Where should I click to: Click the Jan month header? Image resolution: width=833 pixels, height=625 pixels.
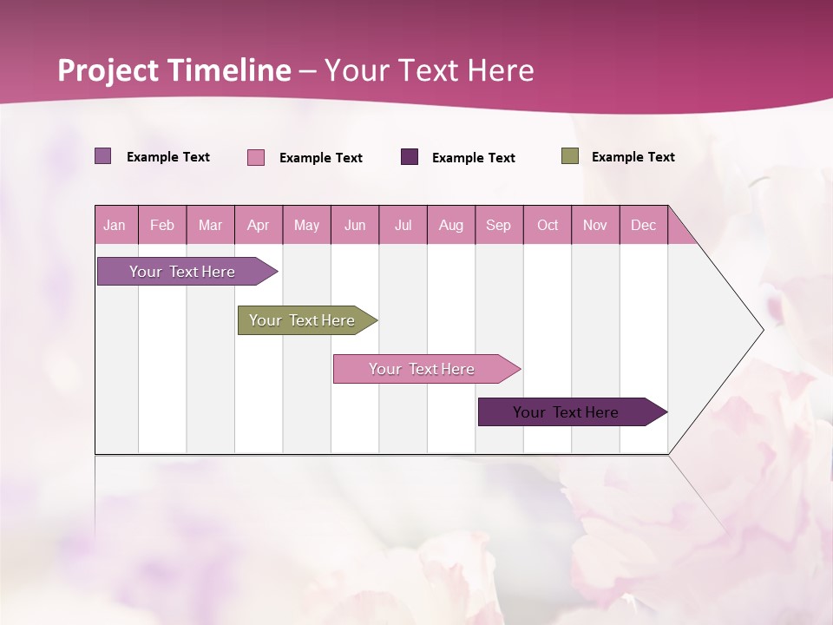pos(115,225)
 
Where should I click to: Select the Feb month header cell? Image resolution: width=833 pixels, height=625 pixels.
pos(162,225)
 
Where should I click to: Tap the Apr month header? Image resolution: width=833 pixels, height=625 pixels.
pos(259,225)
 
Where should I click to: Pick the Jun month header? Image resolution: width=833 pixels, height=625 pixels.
pos(355,225)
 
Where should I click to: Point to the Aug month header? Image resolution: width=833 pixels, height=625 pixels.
pos(451,225)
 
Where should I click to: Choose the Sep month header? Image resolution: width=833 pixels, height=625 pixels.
pos(499,225)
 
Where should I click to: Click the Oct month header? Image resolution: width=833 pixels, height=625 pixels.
pos(548,225)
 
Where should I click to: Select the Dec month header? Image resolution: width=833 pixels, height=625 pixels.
pos(644,225)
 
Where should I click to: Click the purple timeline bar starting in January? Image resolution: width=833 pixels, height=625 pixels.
pos(183,272)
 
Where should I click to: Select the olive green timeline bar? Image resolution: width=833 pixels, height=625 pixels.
pos(303,320)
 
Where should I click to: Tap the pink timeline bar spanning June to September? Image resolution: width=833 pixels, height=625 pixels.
pos(423,369)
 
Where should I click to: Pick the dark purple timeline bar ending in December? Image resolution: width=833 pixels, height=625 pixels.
pos(567,412)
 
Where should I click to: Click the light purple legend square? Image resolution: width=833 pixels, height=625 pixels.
pos(103,156)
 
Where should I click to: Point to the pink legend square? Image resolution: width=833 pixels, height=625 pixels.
pos(256,157)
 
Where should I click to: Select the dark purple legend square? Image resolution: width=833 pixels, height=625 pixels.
pos(410,156)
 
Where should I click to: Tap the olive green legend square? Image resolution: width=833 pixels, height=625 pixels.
pos(570,156)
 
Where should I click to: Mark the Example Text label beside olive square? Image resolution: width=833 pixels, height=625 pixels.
pos(633,156)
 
